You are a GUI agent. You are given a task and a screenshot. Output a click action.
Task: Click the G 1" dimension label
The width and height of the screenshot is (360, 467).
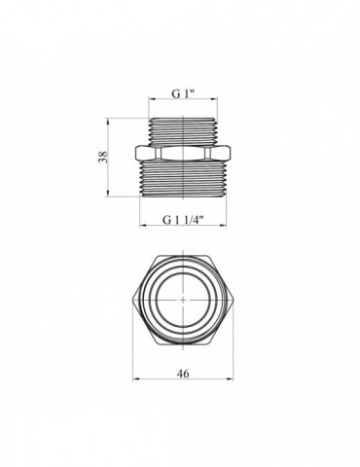coord(183,93)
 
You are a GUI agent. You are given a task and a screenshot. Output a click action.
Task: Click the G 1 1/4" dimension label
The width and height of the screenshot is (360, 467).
coord(183,220)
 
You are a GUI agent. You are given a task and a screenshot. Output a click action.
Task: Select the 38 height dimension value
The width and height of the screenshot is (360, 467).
coord(103,157)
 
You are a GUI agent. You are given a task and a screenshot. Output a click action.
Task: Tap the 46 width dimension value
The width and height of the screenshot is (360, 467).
coord(183,374)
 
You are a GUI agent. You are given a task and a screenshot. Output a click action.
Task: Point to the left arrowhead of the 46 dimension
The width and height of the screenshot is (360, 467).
coord(135,378)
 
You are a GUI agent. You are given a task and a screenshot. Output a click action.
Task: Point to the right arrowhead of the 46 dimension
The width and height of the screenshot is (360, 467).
coord(231,378)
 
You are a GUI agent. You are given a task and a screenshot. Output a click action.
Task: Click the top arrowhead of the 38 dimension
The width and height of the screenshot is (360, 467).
coord(107,122)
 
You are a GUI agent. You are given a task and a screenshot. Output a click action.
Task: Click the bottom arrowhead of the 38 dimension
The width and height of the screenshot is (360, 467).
coord(107,194)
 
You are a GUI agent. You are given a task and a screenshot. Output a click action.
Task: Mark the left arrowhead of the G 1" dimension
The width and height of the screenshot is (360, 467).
coord(152,98)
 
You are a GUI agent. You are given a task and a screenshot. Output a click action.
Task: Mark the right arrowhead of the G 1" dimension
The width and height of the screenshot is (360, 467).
coord(214,98)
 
